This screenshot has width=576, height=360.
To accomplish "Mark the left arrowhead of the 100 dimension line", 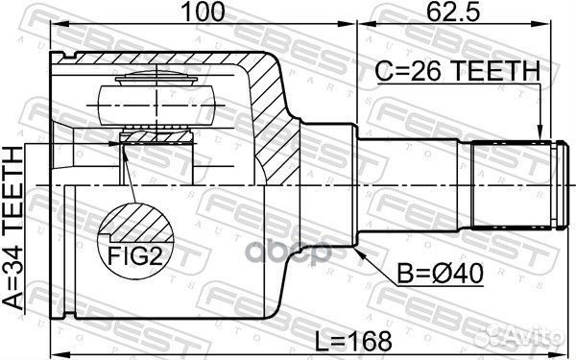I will (x=54, y=25).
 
